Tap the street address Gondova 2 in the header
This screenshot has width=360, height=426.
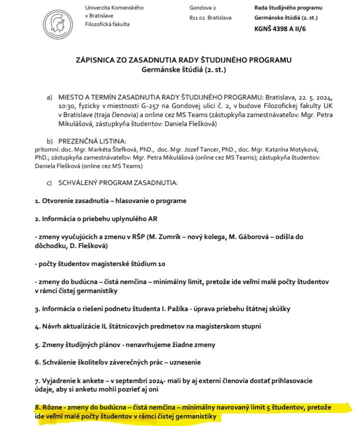[202, 8]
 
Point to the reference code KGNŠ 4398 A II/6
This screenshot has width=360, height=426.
[280, 28]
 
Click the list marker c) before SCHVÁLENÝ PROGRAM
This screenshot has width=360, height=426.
[49, 183]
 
